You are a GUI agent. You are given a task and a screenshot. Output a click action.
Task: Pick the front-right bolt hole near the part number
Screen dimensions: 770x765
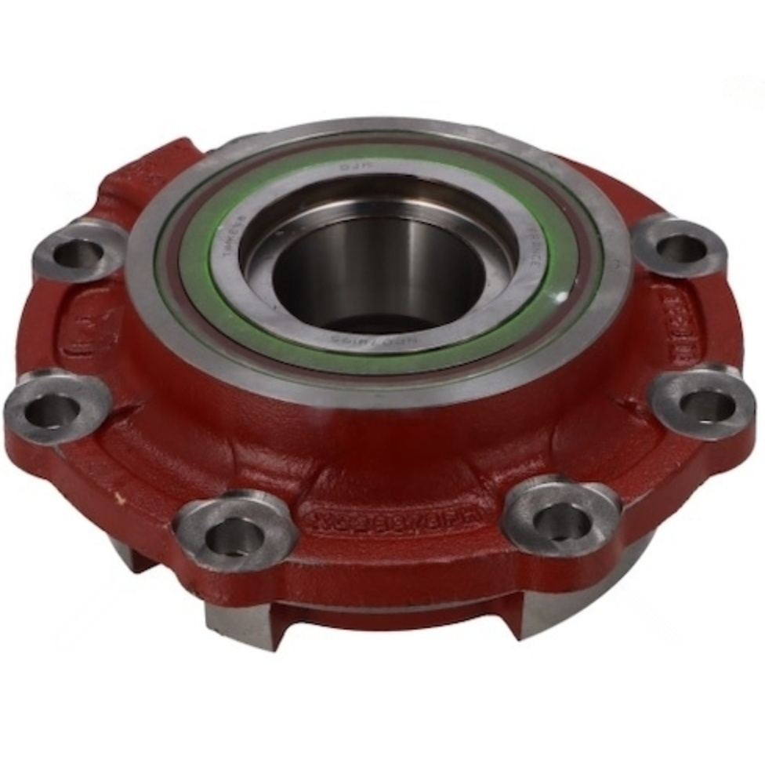coord(561,518)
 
